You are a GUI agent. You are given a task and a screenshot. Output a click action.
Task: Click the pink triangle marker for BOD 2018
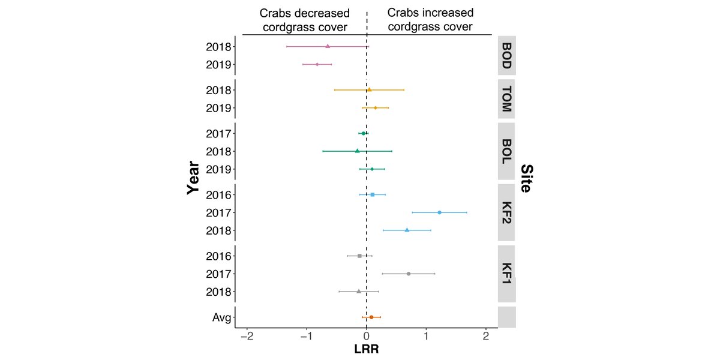(328, 46)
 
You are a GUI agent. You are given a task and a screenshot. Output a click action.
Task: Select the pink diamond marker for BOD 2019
(317, 64)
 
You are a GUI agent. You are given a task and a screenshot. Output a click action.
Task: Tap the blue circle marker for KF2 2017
(439, 212)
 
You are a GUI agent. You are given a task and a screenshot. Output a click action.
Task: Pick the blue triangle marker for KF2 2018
(407, 230)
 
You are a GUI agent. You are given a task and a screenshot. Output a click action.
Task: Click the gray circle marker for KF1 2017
(409, 274)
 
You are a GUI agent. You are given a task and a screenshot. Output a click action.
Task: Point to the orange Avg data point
(371, 317)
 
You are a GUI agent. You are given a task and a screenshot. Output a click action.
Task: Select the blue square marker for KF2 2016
(373, 194)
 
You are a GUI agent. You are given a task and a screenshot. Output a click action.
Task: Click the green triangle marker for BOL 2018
(357, 151)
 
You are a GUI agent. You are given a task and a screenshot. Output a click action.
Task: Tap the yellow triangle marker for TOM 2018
(369, 90)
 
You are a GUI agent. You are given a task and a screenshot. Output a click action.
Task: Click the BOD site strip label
(506, 55)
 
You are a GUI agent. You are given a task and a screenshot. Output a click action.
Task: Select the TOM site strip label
(506, 99)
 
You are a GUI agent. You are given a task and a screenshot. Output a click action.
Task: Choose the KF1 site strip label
(506, 274)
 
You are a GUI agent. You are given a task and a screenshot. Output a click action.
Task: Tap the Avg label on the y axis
(222, 317)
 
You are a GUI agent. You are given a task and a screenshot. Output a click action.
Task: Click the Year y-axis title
(193, 177)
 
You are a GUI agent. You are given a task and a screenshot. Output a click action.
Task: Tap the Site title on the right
(526, 178)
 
